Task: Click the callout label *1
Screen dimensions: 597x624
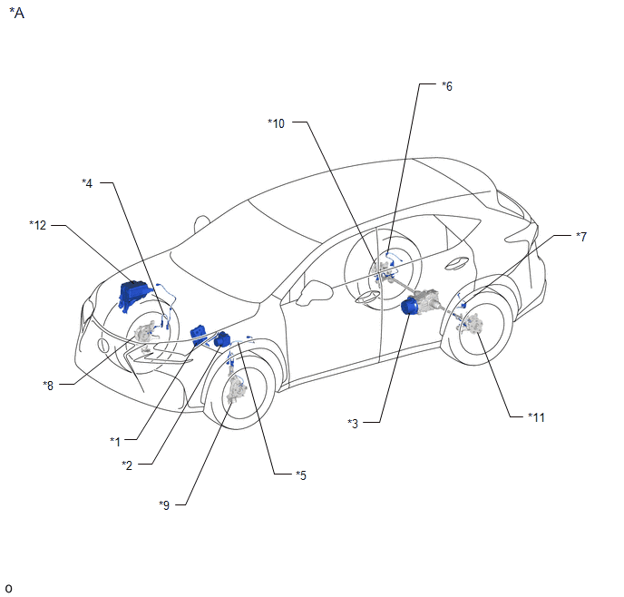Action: click(115, 441)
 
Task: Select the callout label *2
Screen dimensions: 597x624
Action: click(128, 465)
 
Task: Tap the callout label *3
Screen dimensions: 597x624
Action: click(354, 423)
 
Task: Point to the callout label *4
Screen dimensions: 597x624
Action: click(87, 183)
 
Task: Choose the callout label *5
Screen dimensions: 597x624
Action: click(300, 475)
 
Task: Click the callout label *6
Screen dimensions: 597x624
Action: click(446, 86)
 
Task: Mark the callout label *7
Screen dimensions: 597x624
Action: click(581, 236)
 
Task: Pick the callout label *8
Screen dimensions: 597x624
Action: click(49, 385)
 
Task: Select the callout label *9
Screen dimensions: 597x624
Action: click(164, 504)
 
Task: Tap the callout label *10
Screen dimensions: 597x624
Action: click(277, 123)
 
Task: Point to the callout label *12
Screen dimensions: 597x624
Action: click(37, 224)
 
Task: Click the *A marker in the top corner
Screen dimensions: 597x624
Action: click(16, 15)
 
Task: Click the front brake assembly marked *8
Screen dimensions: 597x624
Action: click(143, 335)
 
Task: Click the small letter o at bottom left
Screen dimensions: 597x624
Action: click(8, 588)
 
